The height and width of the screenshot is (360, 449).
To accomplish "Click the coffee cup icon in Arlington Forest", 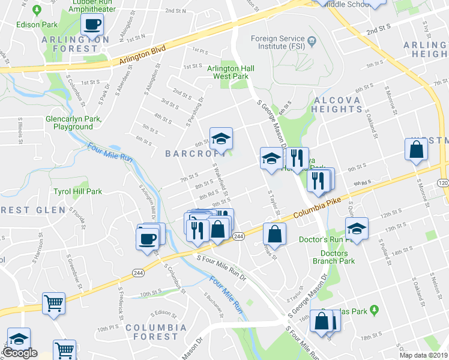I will point(92,25).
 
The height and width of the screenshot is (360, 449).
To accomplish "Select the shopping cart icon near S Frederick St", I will point(53,304).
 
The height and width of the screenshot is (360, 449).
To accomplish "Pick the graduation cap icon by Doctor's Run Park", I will point(357,229).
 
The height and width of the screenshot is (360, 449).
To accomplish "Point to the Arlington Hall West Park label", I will point(231,73).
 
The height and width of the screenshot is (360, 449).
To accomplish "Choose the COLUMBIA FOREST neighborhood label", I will point(148,332).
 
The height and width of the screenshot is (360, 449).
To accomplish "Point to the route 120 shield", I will point(443,182).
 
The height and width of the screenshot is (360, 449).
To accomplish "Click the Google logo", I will point(20,353).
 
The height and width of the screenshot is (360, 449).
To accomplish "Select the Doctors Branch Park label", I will point(334,257).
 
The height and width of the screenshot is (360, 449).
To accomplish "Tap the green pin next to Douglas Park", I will point(375,310).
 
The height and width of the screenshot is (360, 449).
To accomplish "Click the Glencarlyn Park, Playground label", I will point(73,123).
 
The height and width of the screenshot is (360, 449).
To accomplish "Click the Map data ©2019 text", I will point(423,355).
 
